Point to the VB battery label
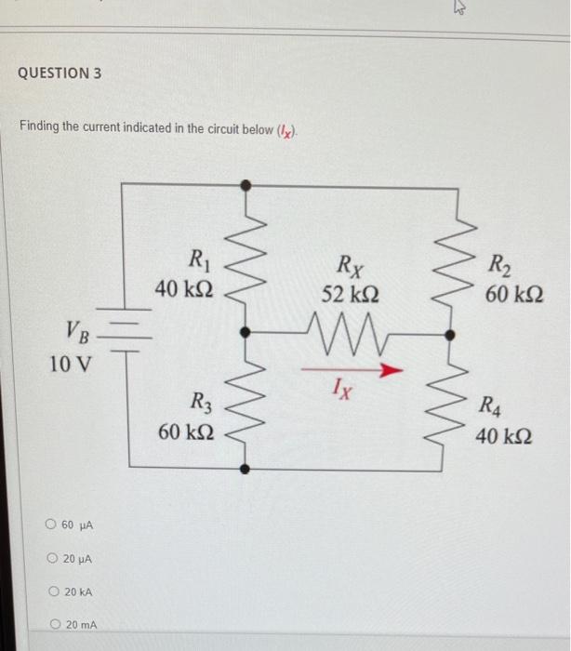(x=79, y=329)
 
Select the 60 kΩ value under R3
(x=189, y=433)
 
